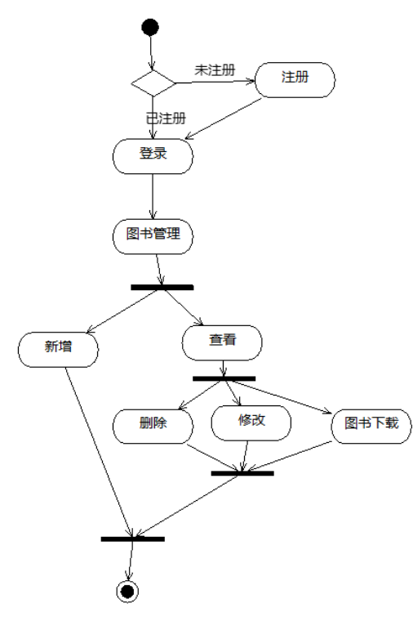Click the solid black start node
150,28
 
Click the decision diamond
153,83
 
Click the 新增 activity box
58,347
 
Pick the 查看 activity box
222,342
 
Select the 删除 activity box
153,424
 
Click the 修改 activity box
251,422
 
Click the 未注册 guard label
214,70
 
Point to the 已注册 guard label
166,118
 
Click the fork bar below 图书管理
162,287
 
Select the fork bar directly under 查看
224,378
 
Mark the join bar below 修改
242,472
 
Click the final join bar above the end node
132,539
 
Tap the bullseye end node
127,591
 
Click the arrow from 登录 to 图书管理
153,196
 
